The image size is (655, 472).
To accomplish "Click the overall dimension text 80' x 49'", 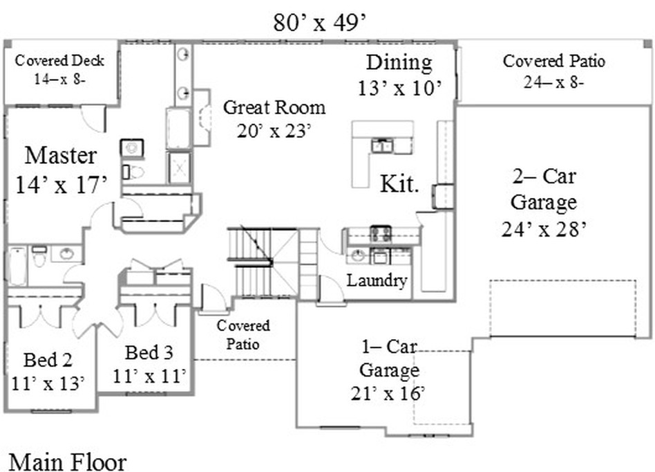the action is coord(320,23).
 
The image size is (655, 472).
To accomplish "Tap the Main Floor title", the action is coord(67,462).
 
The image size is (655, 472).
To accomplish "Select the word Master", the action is coord(61,155).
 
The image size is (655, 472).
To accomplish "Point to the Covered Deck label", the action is coord(59,61).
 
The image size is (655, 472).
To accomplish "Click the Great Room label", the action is coord(274,107).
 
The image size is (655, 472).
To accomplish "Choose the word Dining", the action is coord(399,63).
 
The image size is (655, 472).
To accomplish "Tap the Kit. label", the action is coord(399,183).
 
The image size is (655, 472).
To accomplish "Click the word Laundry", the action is coord(377,280).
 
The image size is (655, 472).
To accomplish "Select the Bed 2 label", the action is coord(48,360).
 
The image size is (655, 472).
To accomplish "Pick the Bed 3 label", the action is coord(149,352).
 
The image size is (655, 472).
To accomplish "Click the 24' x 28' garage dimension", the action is coord(544,229).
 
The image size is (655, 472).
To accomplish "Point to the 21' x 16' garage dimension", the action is coord(388,393).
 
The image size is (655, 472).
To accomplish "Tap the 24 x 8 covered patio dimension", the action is coord(553,82).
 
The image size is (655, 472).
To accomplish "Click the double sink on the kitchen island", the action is coord(382,145).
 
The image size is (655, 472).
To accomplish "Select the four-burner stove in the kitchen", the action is coord(381,235).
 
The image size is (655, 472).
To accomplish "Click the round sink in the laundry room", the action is coord(358,255).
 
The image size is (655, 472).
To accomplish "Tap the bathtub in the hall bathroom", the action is coord(17,266).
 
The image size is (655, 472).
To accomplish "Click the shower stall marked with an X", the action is coord(180,167).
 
